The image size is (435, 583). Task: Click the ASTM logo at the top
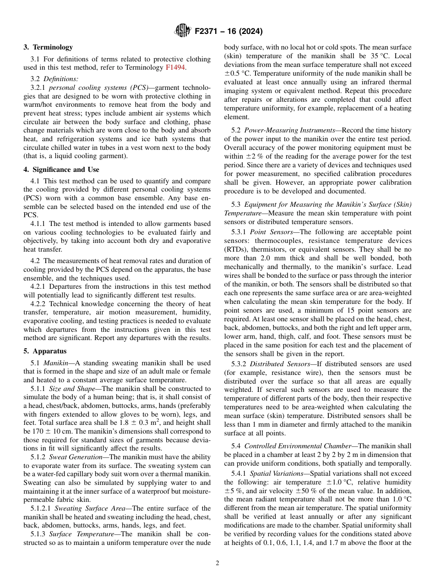[x=183, y=31]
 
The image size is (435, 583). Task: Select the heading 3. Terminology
[x=48, y=47]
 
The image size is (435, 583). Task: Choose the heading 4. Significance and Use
[x=61, y=170]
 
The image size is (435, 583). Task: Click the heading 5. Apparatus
[x=45, y=351]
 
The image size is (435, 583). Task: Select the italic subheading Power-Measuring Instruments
[x=282, y=131]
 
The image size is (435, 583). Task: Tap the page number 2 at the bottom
[x=217, y=563]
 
